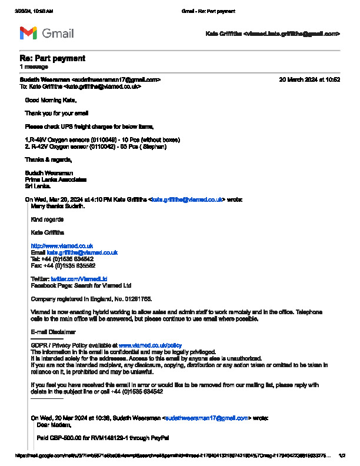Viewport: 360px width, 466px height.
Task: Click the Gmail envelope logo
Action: tap(28, 34)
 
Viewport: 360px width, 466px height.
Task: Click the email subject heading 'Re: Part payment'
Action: tap(52, 58)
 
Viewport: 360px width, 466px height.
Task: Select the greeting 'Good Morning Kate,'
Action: tap(51, 100)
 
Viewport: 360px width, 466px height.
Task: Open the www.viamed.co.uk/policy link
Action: tap(150, 345)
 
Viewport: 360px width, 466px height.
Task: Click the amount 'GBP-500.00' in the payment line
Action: tap(65, 438)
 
